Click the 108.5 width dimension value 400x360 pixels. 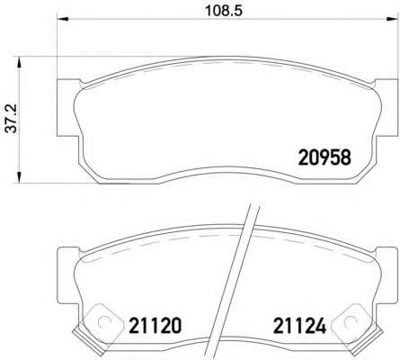click(x=224, y=11)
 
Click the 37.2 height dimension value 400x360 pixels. click(x=13, y=119)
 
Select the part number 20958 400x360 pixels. click(x=324, y=157)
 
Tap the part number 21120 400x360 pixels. click(x=155, y=326)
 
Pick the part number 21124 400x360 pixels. click(x=299, y=326)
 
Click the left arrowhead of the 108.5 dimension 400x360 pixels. click(x=63, y=20)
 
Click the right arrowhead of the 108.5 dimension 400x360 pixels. click(x=392, y=20)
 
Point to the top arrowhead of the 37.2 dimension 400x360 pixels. click(x=19, y=62)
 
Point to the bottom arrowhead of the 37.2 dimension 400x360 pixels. click(x=19, y=176)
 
